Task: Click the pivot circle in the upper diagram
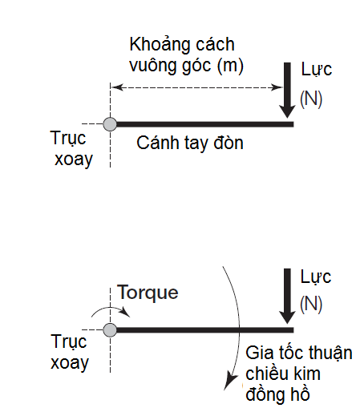pos(111,124)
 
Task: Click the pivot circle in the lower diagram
pos(111,329)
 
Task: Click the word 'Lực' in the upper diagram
pos(316,69)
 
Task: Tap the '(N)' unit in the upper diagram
pos(310,98)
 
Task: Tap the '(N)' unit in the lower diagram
pos(310,303)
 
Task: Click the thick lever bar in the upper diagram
pos(204,124)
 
